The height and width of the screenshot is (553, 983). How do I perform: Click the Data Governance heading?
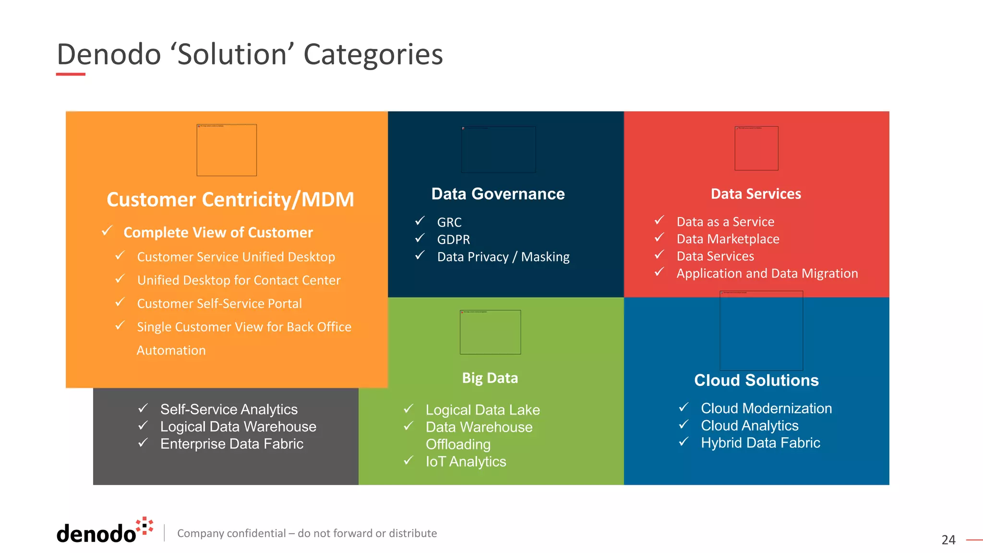[x=498, y=194]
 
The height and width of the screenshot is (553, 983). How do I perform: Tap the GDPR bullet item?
[x=453, y=240]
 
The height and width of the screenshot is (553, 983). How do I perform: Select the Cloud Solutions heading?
[x=756, y=380]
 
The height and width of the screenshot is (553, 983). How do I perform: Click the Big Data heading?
[x=490, y=378]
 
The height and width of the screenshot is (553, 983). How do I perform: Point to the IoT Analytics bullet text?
[x=466, y=462]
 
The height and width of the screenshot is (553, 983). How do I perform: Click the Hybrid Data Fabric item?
[x=760, y=443]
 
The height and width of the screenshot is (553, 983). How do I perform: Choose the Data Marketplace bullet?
[x=728, y=239]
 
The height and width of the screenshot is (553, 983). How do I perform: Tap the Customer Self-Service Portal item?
[x=219, y=304]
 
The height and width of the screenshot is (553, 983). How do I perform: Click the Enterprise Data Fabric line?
[x=231, y=444]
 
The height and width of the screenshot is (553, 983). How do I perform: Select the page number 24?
[x=948, y=540]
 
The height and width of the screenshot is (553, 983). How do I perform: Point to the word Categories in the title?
[x=373, y=54]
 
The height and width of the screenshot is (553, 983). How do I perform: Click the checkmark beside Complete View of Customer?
[x=108, y=231]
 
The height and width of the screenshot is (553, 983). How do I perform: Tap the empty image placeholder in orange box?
[x=227, y=150]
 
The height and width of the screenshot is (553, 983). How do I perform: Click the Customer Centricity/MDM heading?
[x=230, y=200]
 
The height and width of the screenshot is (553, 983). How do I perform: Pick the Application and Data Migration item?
[x=767, y=274]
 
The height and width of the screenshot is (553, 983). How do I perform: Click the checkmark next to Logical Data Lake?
[x=408, y=409]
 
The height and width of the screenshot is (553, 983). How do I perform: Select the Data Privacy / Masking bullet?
[x=503, y=257]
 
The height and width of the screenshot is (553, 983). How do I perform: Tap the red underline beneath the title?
[x=71, y=74]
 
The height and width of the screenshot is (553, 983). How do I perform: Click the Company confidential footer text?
[x=307, y=533]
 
